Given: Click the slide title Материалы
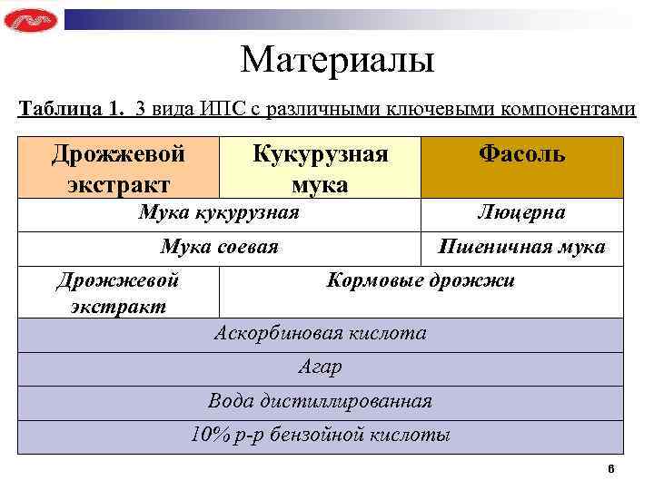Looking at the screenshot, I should [x=338, y=61].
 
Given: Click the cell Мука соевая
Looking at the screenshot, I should [x=219, y=247].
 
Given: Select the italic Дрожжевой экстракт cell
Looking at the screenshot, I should [x=118, y=292].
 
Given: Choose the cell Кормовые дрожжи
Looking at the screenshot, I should [x=420, y=280].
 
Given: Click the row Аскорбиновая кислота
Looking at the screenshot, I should [x=320, y=333].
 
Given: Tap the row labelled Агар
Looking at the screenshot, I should [x=320, y=367].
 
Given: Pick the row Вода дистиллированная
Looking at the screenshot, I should [x=320, y=401].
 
